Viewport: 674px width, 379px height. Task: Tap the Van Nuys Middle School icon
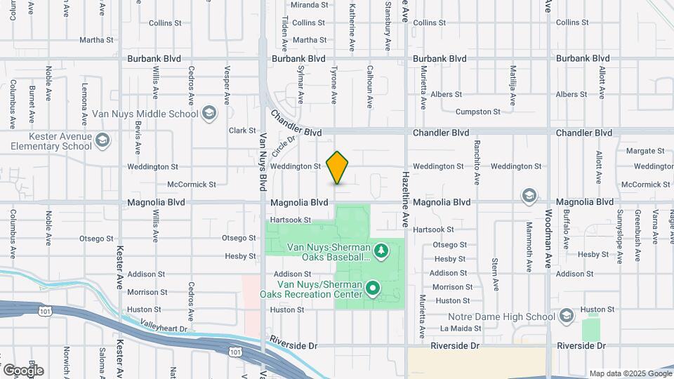209,113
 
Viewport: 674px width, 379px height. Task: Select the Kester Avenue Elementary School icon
103,140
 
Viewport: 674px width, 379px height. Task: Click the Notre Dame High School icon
567,317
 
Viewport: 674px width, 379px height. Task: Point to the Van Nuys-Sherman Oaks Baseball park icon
381,250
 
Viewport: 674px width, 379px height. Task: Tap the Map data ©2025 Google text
630,373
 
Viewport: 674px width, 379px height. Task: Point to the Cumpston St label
477,112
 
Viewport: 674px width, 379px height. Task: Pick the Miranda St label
310,5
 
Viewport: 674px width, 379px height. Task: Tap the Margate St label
645,151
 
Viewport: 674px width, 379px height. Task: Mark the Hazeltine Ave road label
406,199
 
